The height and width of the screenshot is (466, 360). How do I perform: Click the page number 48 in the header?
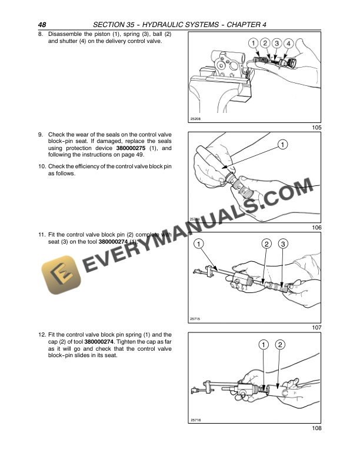coord(42,24)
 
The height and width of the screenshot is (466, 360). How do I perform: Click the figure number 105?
coord(316,128)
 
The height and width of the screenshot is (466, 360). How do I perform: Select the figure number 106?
coord(316,227)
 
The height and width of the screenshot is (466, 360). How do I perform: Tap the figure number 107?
coord(316,327)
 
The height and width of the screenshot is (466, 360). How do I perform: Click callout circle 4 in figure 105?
coord(289,43)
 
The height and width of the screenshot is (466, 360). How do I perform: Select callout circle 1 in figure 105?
coord(252,43)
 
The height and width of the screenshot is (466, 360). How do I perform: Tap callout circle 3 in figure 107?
coord(283,244)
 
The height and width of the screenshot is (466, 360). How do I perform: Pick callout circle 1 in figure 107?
coord(199,244)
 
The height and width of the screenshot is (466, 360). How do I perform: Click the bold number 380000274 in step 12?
coord(101,342)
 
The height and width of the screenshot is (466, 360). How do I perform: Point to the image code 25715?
coord(196,319)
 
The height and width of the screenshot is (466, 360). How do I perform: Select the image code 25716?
coord(196,420)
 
